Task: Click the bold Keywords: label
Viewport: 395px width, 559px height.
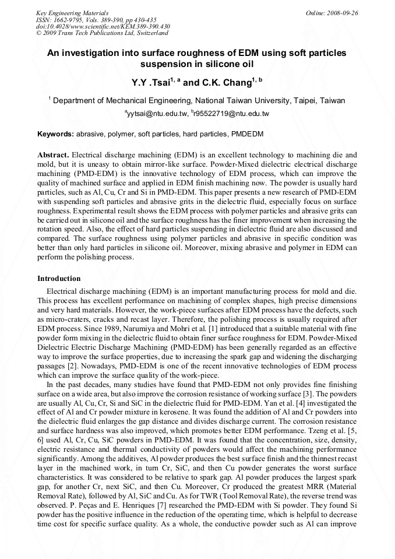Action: point(56,134)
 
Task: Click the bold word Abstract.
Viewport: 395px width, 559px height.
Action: point(53,155)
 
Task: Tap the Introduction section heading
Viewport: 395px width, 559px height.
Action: point(59,279)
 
